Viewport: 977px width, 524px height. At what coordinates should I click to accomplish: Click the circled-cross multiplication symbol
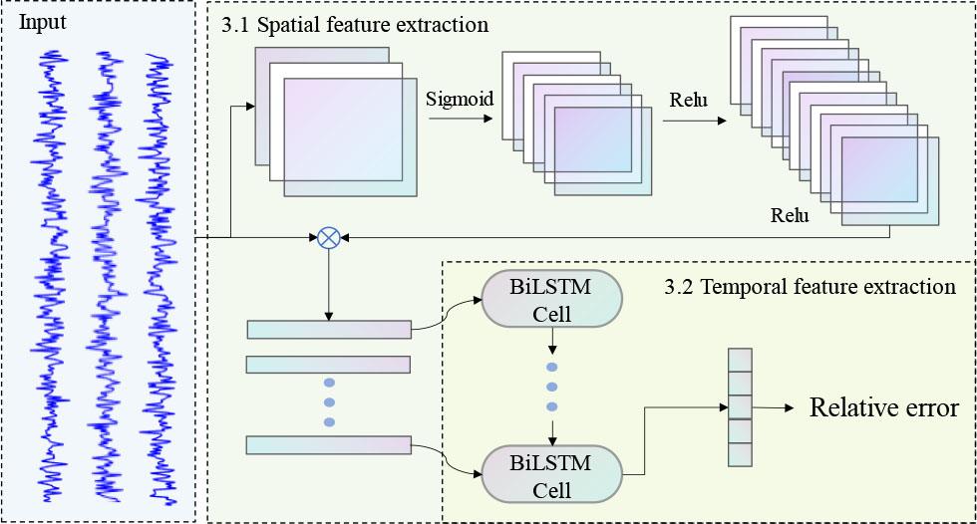pyautogui.click(x=329, y=237)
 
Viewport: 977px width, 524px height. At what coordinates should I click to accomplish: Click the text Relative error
pyautogui.click(x=883, y=407)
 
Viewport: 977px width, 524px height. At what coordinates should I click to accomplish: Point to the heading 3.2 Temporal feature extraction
pyautogui.click(x=810, y=288)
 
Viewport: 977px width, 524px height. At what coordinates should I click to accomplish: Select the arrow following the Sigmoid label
pyautogui.click(x=460, y=120)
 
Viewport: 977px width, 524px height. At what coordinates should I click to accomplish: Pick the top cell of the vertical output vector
pyautogui.click(x=739, y=359)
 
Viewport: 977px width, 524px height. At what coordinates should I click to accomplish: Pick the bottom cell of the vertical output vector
pyautogui.click(x=739, y=454)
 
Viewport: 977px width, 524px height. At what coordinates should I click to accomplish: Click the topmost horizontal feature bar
pyautogui.click(x=328, y=330)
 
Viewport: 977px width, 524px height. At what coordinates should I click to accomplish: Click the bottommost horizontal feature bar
pyautogui.click(x=328, y=445)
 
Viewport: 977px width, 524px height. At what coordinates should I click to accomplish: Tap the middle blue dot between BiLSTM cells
pyautogui.click(x=552, y=386)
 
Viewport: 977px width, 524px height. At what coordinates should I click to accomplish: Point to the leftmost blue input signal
pyautogui.click(x=49, y=269)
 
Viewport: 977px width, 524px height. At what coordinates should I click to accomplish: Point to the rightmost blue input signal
pyautogui.click(x=160, y=279)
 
